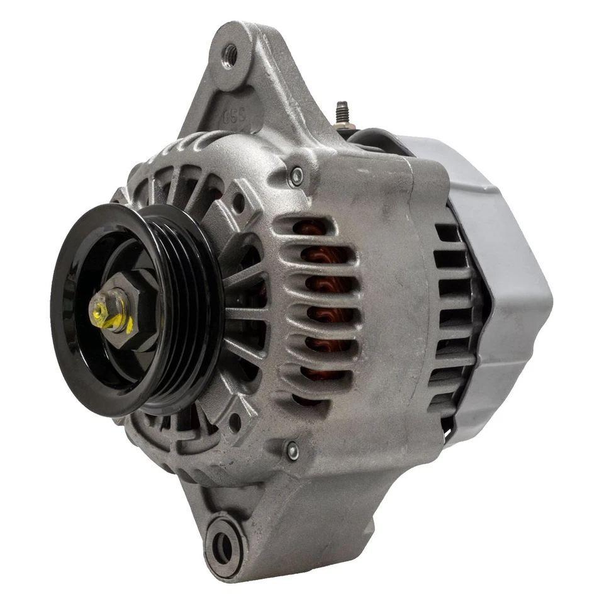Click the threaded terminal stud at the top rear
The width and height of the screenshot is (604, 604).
pos(342,113)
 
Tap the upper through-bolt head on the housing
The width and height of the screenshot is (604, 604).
pos(295,177)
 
